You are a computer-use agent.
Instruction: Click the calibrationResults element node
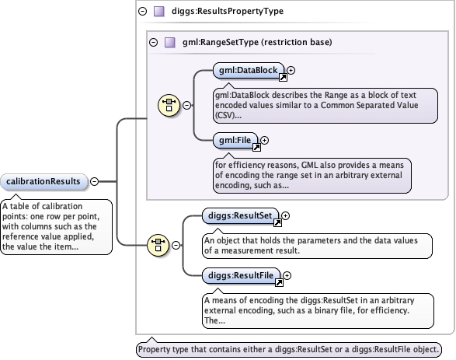pos(44,182)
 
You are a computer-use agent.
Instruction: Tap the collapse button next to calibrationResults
pos(94,181)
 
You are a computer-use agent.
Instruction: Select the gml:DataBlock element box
pos(249,71)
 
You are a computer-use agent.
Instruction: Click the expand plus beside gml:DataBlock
pos(291,71)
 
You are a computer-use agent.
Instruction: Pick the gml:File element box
pos(235,140)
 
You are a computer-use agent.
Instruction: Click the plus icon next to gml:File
pos(264,140)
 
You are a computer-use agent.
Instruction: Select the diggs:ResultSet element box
pos(240,215)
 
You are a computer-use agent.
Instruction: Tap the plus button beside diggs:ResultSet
pos(286,215)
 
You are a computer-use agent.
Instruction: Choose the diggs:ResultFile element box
pos(241,275)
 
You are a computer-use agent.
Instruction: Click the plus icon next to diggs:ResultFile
pos(287,275)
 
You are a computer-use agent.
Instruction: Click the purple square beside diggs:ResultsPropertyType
pos(159,12)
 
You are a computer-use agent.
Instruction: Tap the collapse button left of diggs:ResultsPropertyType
pos(142,12)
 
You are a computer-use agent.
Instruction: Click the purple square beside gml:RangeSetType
pos(170,43)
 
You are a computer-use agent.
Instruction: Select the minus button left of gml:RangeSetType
pos(154,43)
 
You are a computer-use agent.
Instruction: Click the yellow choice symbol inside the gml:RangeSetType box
pos(169,105)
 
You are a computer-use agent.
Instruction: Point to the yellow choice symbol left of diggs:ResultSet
pos(158,245)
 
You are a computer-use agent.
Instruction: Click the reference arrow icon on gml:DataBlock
pos(283,78)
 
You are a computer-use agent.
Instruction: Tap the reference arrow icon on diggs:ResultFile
pos(279,282)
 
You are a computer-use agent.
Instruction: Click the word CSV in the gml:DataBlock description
pos(225,116)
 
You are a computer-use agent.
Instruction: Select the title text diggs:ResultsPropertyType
pos(228,12)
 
